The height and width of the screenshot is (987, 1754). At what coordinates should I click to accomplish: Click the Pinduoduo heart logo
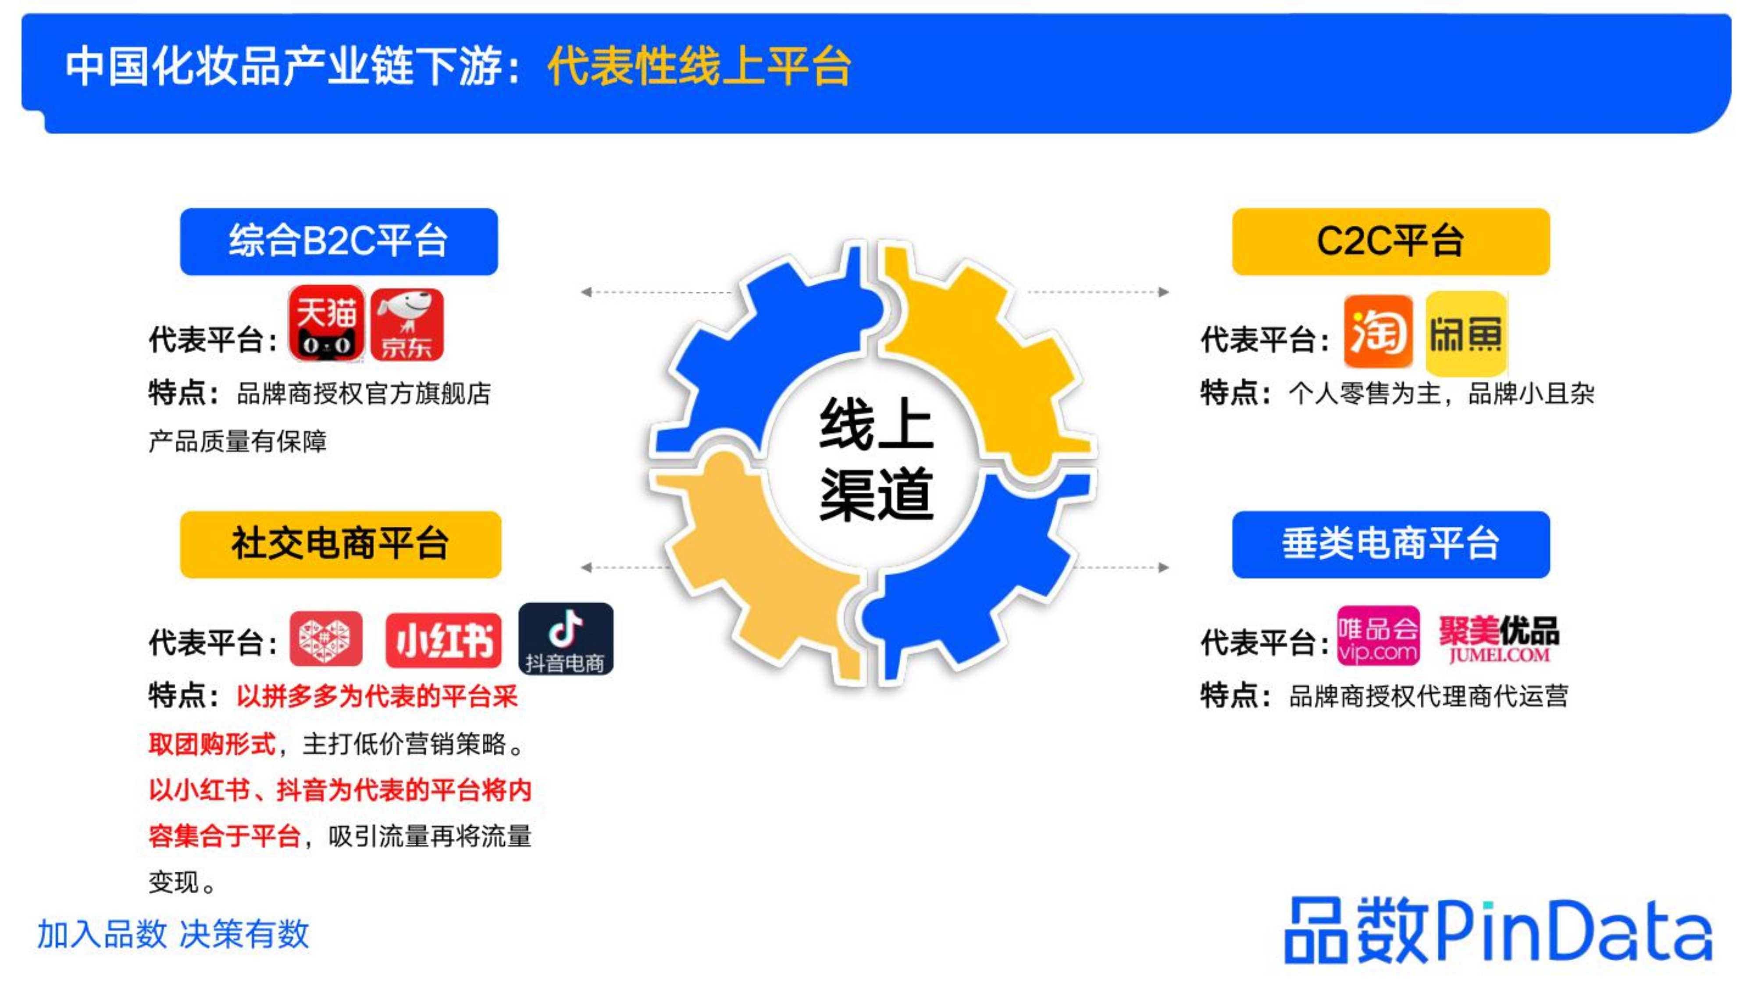pos(326,639)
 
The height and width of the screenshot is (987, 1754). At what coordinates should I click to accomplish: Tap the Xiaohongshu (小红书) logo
pos(443,640)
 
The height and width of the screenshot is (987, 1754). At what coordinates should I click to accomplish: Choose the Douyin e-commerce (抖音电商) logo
pos(566,639)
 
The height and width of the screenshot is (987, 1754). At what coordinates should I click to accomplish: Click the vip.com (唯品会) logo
pos(1378,636)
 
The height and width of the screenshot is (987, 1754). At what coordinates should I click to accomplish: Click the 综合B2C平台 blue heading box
pos(339,242)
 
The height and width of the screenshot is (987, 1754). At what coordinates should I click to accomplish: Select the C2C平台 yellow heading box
pos(1391,242)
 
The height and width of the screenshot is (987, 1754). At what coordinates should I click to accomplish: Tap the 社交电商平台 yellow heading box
pos(340,545)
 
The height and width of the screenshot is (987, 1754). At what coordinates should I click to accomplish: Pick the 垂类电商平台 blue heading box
pos(1391,545)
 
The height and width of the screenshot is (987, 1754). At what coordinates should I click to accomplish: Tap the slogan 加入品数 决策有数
pos(173,934)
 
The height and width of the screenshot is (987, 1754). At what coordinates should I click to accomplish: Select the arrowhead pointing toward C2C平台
pos(1164,292)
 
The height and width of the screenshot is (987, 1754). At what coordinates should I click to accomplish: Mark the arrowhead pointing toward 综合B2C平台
pos(585,292)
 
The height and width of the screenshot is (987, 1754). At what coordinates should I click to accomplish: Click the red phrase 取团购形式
pos(212,744)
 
